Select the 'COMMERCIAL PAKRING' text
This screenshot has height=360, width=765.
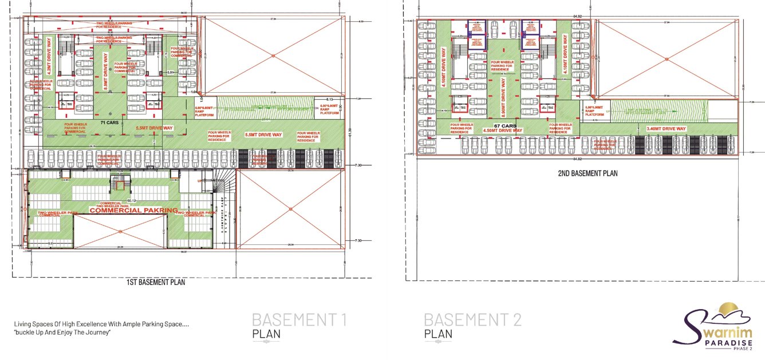tap(133, 211)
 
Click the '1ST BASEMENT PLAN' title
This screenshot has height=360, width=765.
tap(155, 282)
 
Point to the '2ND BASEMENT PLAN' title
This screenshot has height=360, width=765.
tap(587, 173)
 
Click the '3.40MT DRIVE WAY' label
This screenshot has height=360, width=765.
tap(666, 129)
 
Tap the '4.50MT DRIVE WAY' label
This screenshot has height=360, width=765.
tap(503, 130)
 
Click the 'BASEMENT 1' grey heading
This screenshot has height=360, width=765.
tap(299, 320)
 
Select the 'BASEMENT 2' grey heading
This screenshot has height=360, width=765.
tap(472, 320)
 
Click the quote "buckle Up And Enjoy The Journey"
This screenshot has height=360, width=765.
tap(62, 333)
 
